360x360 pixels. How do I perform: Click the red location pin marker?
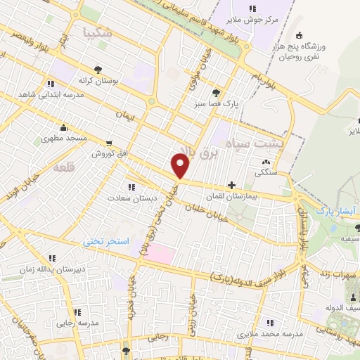pyautogui.click(x=181, y=166)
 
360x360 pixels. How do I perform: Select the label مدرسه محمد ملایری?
pyautogui.click(x=262, y=332)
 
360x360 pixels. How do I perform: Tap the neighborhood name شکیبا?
pyautogui.click(x=97, y=32)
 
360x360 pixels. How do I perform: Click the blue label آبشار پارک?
pyautogui.click(x=332, y=210)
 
